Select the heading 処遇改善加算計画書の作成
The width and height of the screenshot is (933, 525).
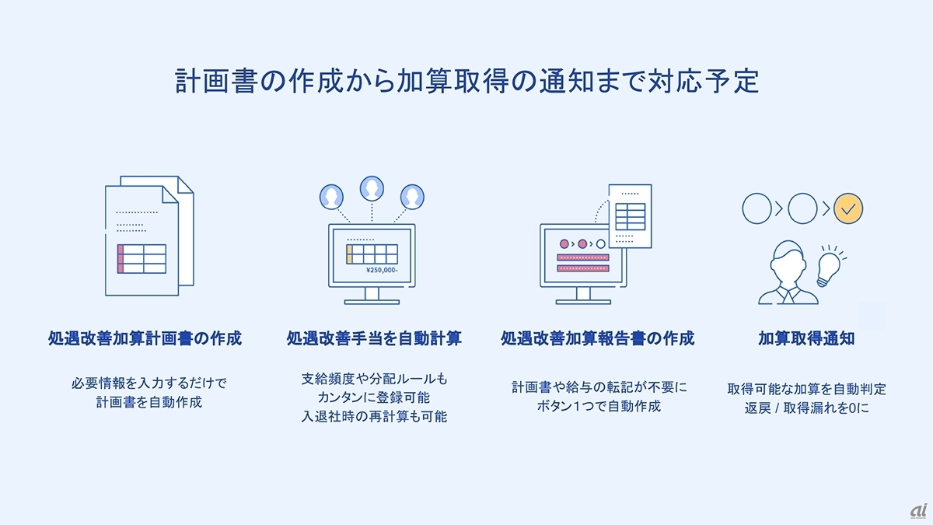[x=145, y=338]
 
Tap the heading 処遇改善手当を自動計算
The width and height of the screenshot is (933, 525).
[x=374, y=338]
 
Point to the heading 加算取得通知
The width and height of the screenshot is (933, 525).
[x=806, y=338]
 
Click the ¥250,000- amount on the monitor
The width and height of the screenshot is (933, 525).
[x=381, y=270]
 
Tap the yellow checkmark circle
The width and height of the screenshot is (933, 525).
[x=848, y=208]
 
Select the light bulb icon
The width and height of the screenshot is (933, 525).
[x=829, y=268]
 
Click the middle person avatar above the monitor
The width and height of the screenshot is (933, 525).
[x=372, y=187]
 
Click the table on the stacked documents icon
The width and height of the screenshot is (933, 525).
[x=141, y=258]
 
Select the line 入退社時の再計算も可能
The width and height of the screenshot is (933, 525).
[x=374, y=416]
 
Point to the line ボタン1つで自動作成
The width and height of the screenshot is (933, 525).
[x=599, y=405]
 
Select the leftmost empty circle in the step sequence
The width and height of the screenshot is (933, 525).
[x=755, y=208]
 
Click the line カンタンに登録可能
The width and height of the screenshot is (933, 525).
[x=374, y=397]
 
